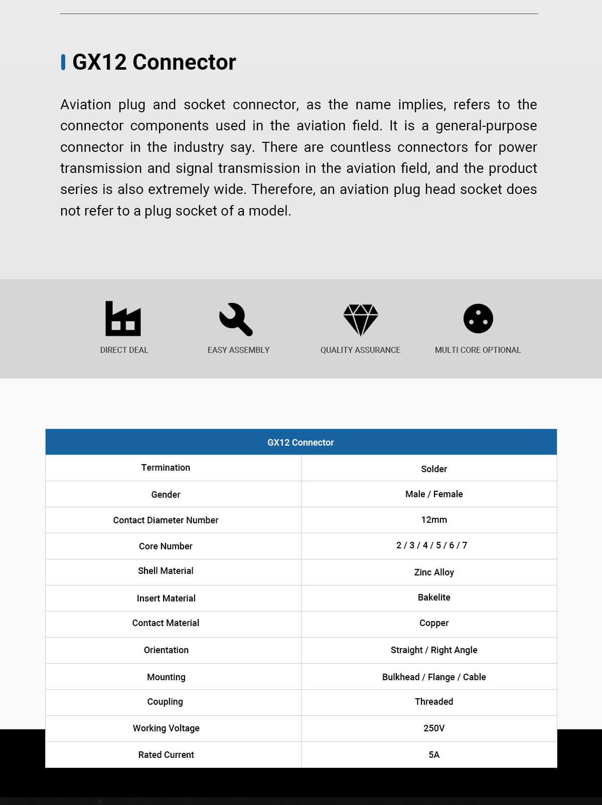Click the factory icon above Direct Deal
pos(123,318)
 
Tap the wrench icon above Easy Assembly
pos(236,319)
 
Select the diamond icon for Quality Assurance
pos(360,319)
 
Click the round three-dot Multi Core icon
pos(478,318)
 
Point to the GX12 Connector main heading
pos(154,62)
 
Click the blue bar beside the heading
pos(63,62)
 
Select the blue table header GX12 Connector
pos(300,442)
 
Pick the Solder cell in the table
pos(434,469)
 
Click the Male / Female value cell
pos(434,494)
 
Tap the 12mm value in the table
pos(434,520)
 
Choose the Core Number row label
pos(166,546)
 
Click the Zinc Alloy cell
pos(434,572)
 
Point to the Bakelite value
pos(434,597)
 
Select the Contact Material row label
pos(166,623)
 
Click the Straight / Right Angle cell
pos(434,650)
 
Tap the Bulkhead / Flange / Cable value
pos(434,677)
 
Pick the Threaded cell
pos(434,702)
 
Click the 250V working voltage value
pos(434,728)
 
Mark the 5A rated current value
pos(434,755)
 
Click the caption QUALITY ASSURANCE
pos(360,350)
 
